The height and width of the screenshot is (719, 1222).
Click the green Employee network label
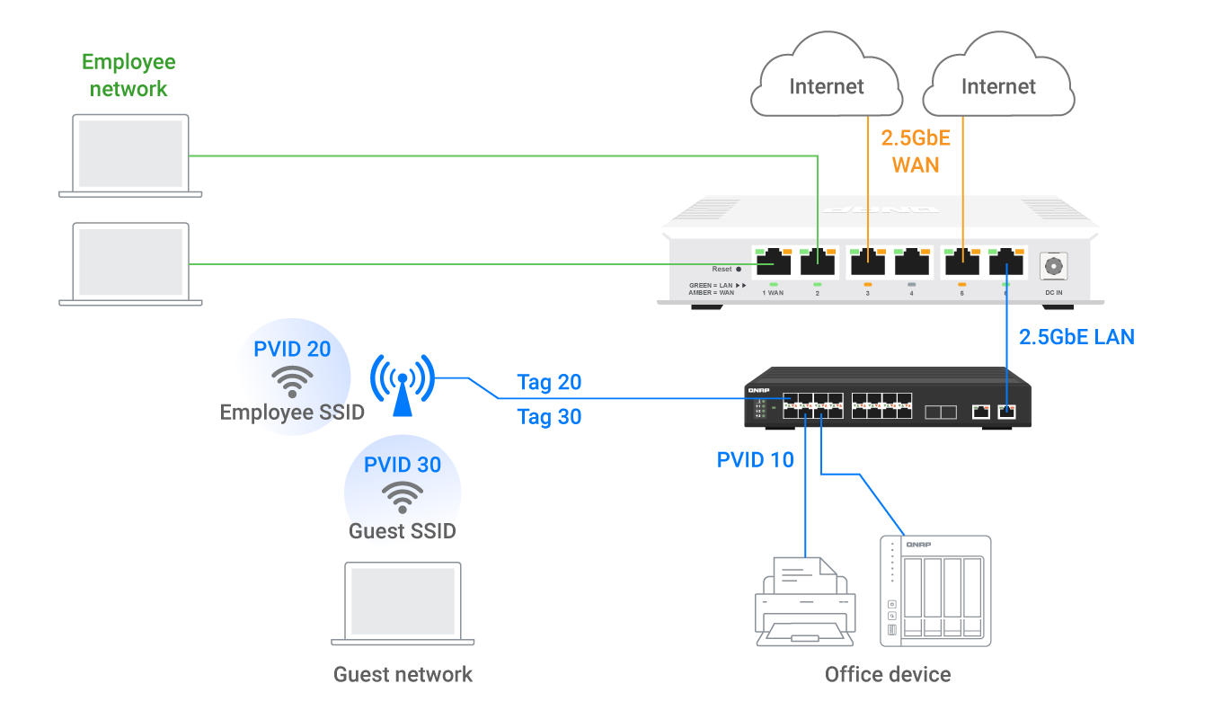coord(128,75)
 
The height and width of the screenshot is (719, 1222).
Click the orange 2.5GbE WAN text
coord(915,151)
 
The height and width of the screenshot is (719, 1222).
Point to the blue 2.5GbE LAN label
coord(1076,337)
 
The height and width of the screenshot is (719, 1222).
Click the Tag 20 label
coord(549,383)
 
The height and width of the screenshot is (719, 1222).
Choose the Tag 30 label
coord(549,417)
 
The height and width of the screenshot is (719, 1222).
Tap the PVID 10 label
coord(755,460)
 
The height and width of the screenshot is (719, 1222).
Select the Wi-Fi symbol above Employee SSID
coord(292,382)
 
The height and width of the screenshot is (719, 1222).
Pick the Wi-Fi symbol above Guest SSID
coord(403,496)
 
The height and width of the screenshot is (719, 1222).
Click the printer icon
coord(804,600)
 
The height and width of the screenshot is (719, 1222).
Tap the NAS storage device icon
coord(934,590)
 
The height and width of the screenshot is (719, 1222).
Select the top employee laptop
coord(130,155)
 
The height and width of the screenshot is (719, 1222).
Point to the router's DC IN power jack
coord(1052,267)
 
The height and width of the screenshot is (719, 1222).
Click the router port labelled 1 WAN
coord(773,262)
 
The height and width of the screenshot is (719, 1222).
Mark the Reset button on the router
coord(739,269)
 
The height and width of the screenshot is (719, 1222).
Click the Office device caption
coord(887,674)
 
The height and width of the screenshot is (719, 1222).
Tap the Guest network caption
coord(403,674)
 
